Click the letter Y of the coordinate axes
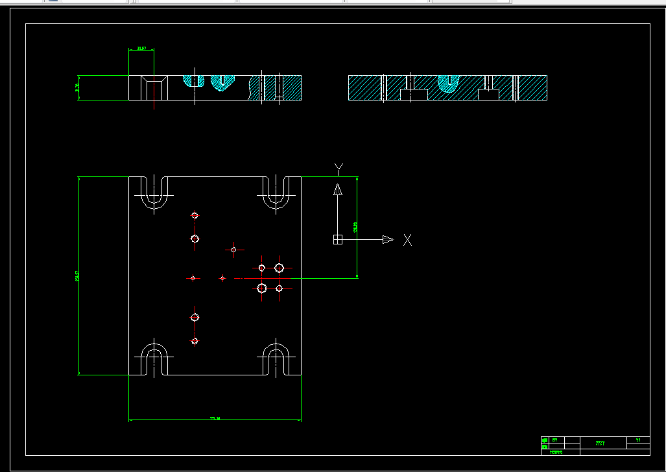pyautogui.click(x=339, y=169)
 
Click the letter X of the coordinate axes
pyautogui.click(x=407, y=240)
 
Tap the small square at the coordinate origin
pyautogui.click(x=337, y=240)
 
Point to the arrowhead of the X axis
pyautogui.click(x=388, y=240)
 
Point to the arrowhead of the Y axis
pyautogui.click(x=337, y=189)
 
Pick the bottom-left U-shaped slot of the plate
pyautogui.click(x=153, y=359)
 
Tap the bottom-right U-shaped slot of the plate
pyautogui.click(x=276, y=359)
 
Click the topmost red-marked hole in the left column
pyautogui.click(x=195, y=215)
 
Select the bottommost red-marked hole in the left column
pyautogui.click(x=195, y=341)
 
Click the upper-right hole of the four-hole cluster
pyautogui.click(x=279, y=268)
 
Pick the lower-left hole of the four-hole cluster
pyautogui.click(x=262, y=288)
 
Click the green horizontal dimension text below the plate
pyautogui.click(x=215, y=418)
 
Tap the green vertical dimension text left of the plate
pyautogui.click(x=77, y=276)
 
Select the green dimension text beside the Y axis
pyautogui.click(x=355, y=228)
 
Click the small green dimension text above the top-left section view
pyautogui.click(x=141, y=48)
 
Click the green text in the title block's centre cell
pyautogui.click(x=600, y=443)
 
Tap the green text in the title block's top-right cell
pyautogui.click(x=638, y=440)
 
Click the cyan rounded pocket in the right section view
pyautogui.click(x=447, y=82)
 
